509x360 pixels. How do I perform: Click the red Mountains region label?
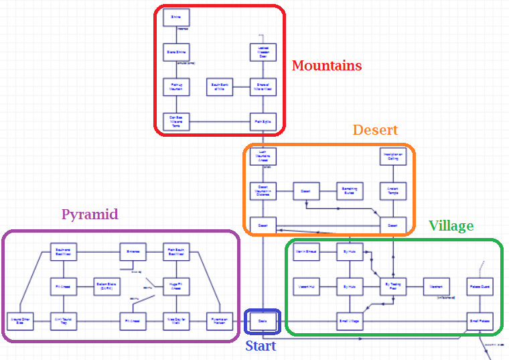tap(327, 66)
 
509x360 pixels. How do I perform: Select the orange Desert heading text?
tap(375, 130)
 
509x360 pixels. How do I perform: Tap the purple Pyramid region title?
tap(90, 215)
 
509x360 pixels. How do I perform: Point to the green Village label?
tap(451, 226)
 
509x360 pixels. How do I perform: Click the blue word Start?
tap(261, 346)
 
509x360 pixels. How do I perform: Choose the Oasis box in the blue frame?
tap(263, 322)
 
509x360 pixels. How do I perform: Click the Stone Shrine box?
tap(177, 52)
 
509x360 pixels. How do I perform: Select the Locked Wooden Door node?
tap(263, 52)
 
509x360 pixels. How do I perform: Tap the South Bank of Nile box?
tap(220, 86)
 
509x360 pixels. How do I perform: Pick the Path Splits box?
tap(263, 121)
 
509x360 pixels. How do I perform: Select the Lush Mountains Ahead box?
tap(263, 156)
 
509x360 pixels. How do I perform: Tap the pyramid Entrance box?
tap(133, 252)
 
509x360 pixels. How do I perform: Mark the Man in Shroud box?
tap(306, 252)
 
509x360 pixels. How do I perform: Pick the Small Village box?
tap(350, 322)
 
